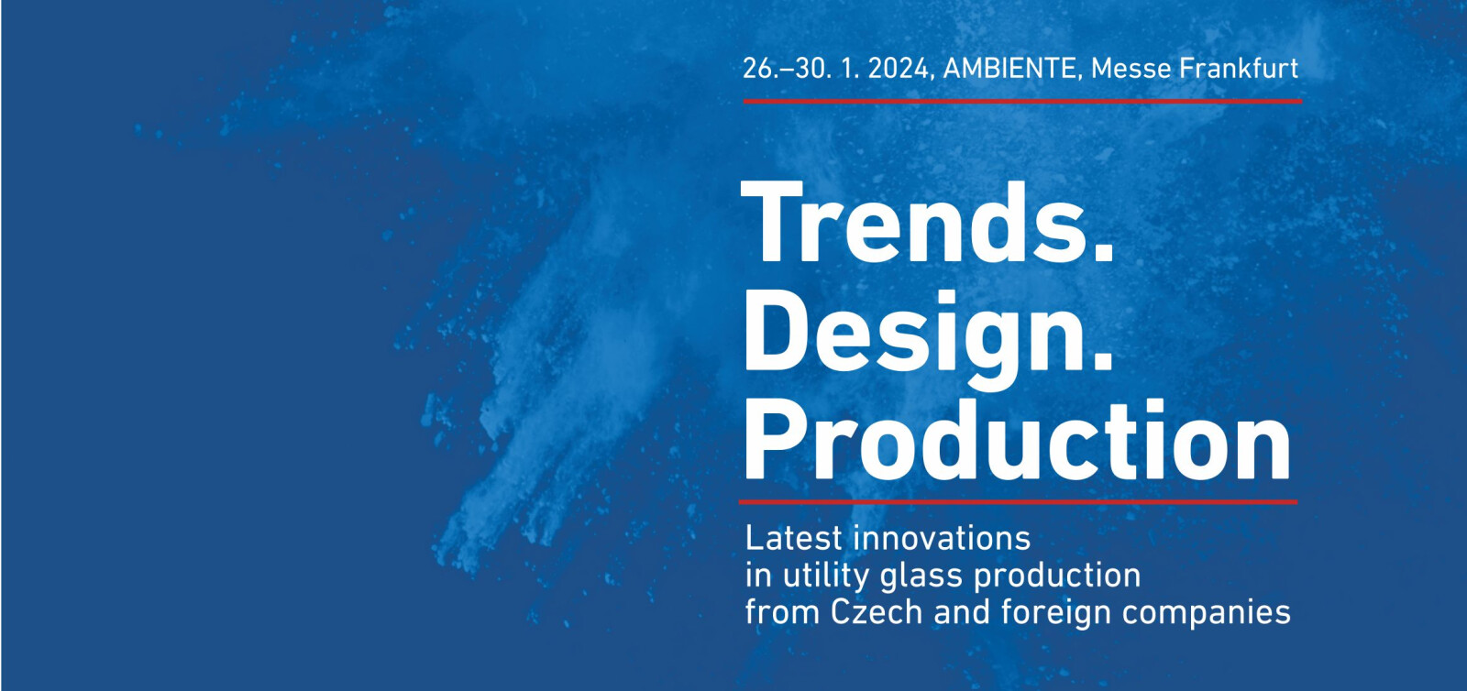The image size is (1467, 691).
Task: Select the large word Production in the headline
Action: click(1017, 440)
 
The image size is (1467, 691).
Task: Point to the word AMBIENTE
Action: click(1009, 69)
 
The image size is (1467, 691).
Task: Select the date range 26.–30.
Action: click(788, 69)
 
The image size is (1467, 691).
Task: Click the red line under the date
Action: click(1022, 102)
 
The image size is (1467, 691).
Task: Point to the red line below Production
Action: click(1018, 502)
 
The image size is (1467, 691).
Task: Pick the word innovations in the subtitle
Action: click(943, 539)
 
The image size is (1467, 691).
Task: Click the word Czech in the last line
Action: click(877, 612)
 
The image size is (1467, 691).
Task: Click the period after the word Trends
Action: click(1103, 252)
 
